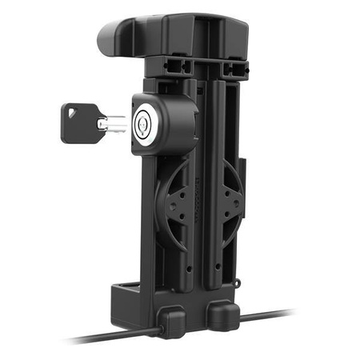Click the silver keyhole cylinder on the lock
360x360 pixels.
(144, 122)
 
